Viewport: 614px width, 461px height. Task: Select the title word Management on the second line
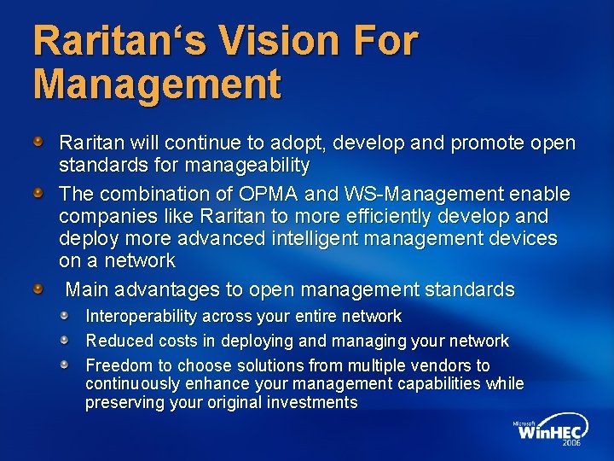coord(157,84)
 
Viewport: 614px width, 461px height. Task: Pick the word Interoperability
coord(145,317)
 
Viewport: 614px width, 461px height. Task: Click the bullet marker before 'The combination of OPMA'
coord(38,194)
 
